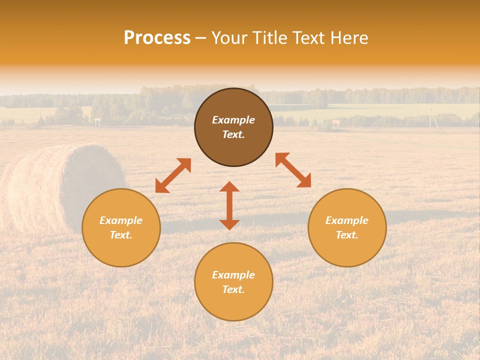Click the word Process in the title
point(157,38)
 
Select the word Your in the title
point(231,38)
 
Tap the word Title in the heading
point(271,38)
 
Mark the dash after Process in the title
point(200,38)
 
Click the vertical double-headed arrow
point(229,205)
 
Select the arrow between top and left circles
point(173,175)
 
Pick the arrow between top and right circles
point(293,170)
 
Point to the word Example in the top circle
point(233,120)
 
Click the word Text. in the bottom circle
point(233,289)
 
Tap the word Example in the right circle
point(347,220)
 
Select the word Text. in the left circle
point(121,235)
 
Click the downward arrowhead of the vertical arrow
point(229,224)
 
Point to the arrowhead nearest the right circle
point(304,181)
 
